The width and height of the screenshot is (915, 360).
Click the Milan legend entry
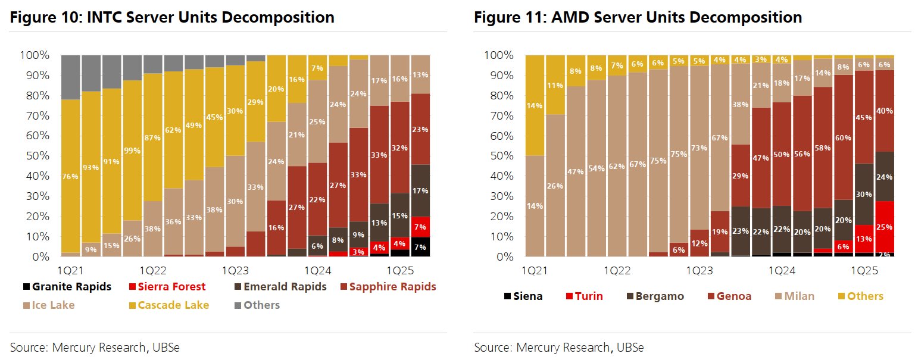pos(798,296)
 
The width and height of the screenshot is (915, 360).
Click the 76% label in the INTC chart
pos(71,176)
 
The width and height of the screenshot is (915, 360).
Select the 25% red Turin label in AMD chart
pos(885,227)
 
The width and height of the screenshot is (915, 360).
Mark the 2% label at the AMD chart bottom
pos(885,254)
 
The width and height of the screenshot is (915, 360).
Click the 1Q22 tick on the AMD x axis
pos(616,270)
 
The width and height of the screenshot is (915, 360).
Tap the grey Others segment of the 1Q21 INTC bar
pos(71,77)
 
